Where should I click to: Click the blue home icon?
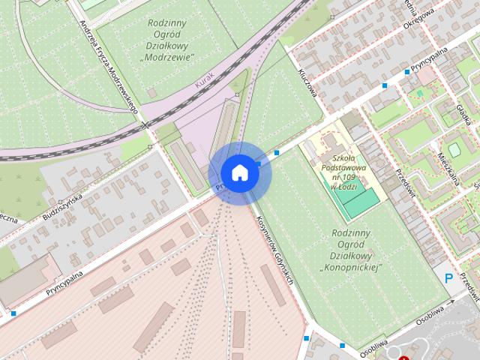coord(239,172)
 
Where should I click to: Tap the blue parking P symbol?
coord(449,278)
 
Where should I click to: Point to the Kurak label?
coord(203,79)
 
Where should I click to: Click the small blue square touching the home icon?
coord(259,163)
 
